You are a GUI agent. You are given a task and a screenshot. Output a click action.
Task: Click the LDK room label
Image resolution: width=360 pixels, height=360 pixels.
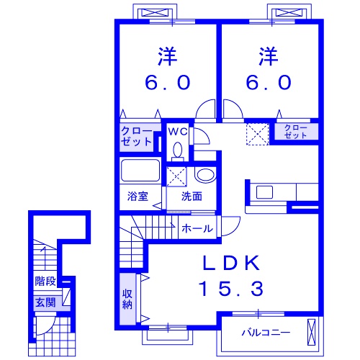pos(231,263)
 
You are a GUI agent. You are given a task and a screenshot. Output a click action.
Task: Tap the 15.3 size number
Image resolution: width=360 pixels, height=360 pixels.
pos(231,288)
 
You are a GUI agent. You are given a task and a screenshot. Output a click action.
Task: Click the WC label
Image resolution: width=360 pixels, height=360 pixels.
pos(178,132)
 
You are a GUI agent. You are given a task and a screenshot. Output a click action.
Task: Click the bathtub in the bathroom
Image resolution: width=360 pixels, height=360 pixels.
pos(140,170)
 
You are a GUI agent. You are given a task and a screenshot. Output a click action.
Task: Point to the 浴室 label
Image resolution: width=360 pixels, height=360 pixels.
pos(138,197)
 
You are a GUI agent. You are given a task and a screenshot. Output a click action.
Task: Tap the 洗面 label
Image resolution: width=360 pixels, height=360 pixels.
pos(192,197)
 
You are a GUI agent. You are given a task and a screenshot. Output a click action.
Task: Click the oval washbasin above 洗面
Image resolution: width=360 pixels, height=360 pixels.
pos(206,176)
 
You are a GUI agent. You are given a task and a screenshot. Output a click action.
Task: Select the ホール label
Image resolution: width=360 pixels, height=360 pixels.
pos(197,228)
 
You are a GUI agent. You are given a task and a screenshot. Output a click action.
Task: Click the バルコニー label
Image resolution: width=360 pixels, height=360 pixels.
pos(266,333)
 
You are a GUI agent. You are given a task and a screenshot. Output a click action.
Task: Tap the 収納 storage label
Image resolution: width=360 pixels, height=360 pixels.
pos(127,299)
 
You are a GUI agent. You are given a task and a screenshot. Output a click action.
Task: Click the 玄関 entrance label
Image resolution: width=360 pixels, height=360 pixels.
pos(45,302)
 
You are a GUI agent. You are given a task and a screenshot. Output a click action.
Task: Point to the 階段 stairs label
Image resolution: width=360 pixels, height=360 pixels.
pos(45,281)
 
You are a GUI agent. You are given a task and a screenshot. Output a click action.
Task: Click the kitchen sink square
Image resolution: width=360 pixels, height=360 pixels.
pos(264,192)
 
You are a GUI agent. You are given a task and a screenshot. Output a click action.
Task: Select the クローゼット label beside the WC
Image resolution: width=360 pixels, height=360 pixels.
pos(136,137)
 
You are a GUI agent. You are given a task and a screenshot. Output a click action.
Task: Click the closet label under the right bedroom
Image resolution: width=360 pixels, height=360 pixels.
pos(295,132)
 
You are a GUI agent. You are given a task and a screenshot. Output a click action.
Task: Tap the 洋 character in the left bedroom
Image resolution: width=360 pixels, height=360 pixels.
pos(167,57)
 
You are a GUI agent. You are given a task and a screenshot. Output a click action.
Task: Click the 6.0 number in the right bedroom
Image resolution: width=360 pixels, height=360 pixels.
pos(269,82)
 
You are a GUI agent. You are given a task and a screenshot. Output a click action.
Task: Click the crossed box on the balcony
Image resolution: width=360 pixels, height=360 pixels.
pos(312,332)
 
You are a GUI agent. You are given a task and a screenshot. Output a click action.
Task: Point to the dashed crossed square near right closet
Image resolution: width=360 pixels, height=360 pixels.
pos(258,134)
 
